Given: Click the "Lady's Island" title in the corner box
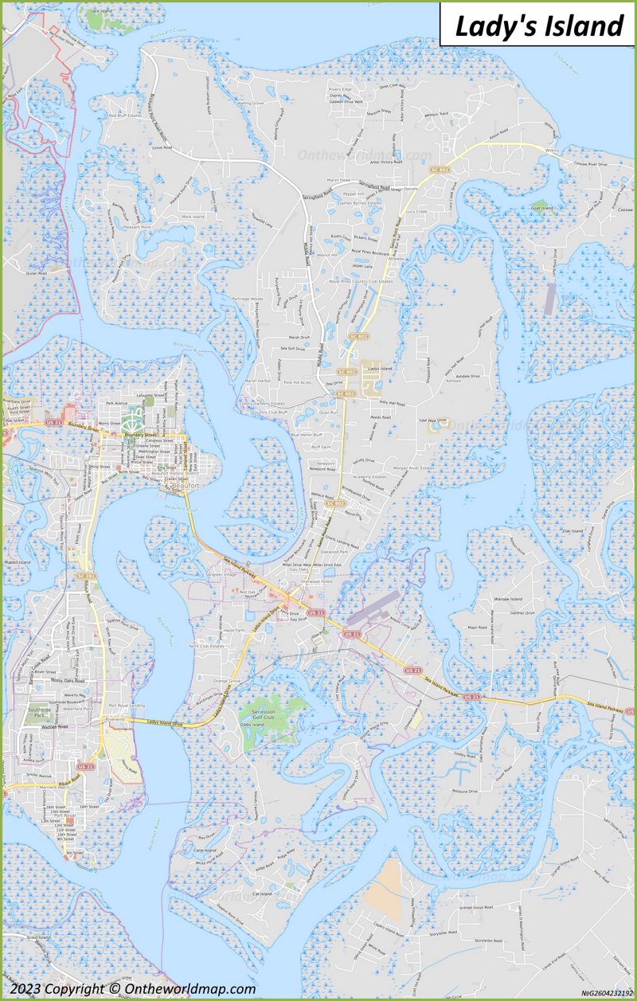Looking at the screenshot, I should click(x=539, y=25).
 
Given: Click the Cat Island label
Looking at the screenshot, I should click(x=262, y=894).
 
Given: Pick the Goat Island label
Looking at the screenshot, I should click(x=541, y=209).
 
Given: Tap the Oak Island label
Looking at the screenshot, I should click(x=572, y=530).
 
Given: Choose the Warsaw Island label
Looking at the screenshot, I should click(x=506, y=599).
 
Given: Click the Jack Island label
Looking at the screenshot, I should click(x=101, y=11).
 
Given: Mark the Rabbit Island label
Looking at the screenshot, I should click(x=18, y=563).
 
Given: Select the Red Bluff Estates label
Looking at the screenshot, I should click(x=125, y=115).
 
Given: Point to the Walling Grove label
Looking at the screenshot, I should click(x=249, y=104).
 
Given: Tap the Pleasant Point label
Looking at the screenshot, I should click(x=137, y=228).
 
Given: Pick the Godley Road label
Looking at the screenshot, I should click(x=464, y=754).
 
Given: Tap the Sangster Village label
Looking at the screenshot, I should click(x=222, y=573).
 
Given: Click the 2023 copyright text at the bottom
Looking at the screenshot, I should click(x=133, y=989).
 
